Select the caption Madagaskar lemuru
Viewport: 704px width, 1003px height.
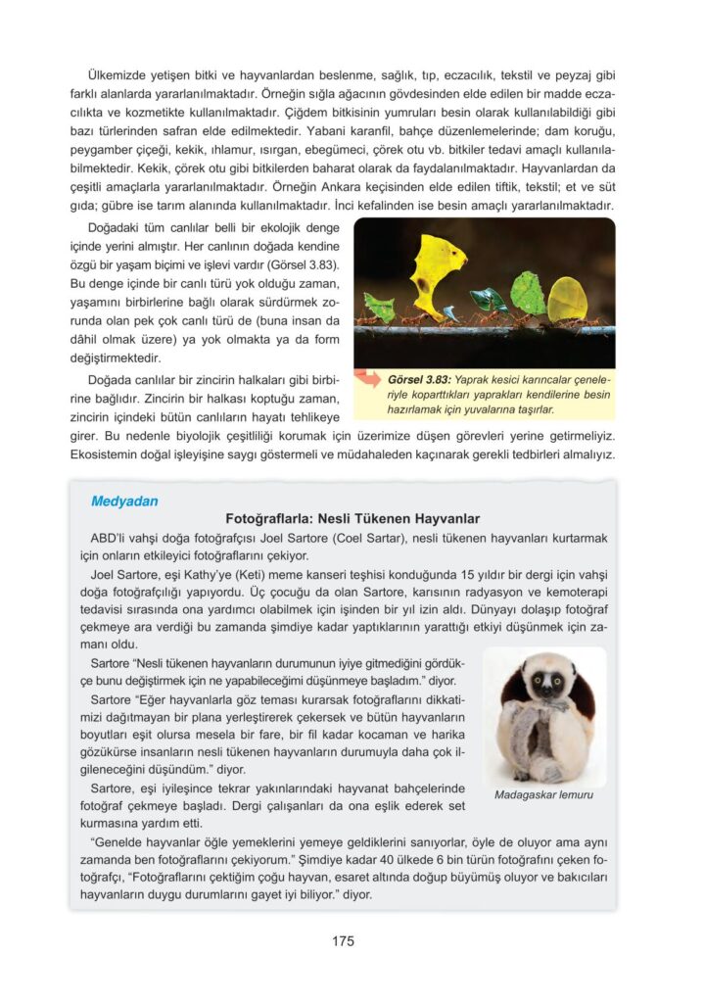[x=543, y=794]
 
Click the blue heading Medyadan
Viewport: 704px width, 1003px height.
[x=123, y=501]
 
